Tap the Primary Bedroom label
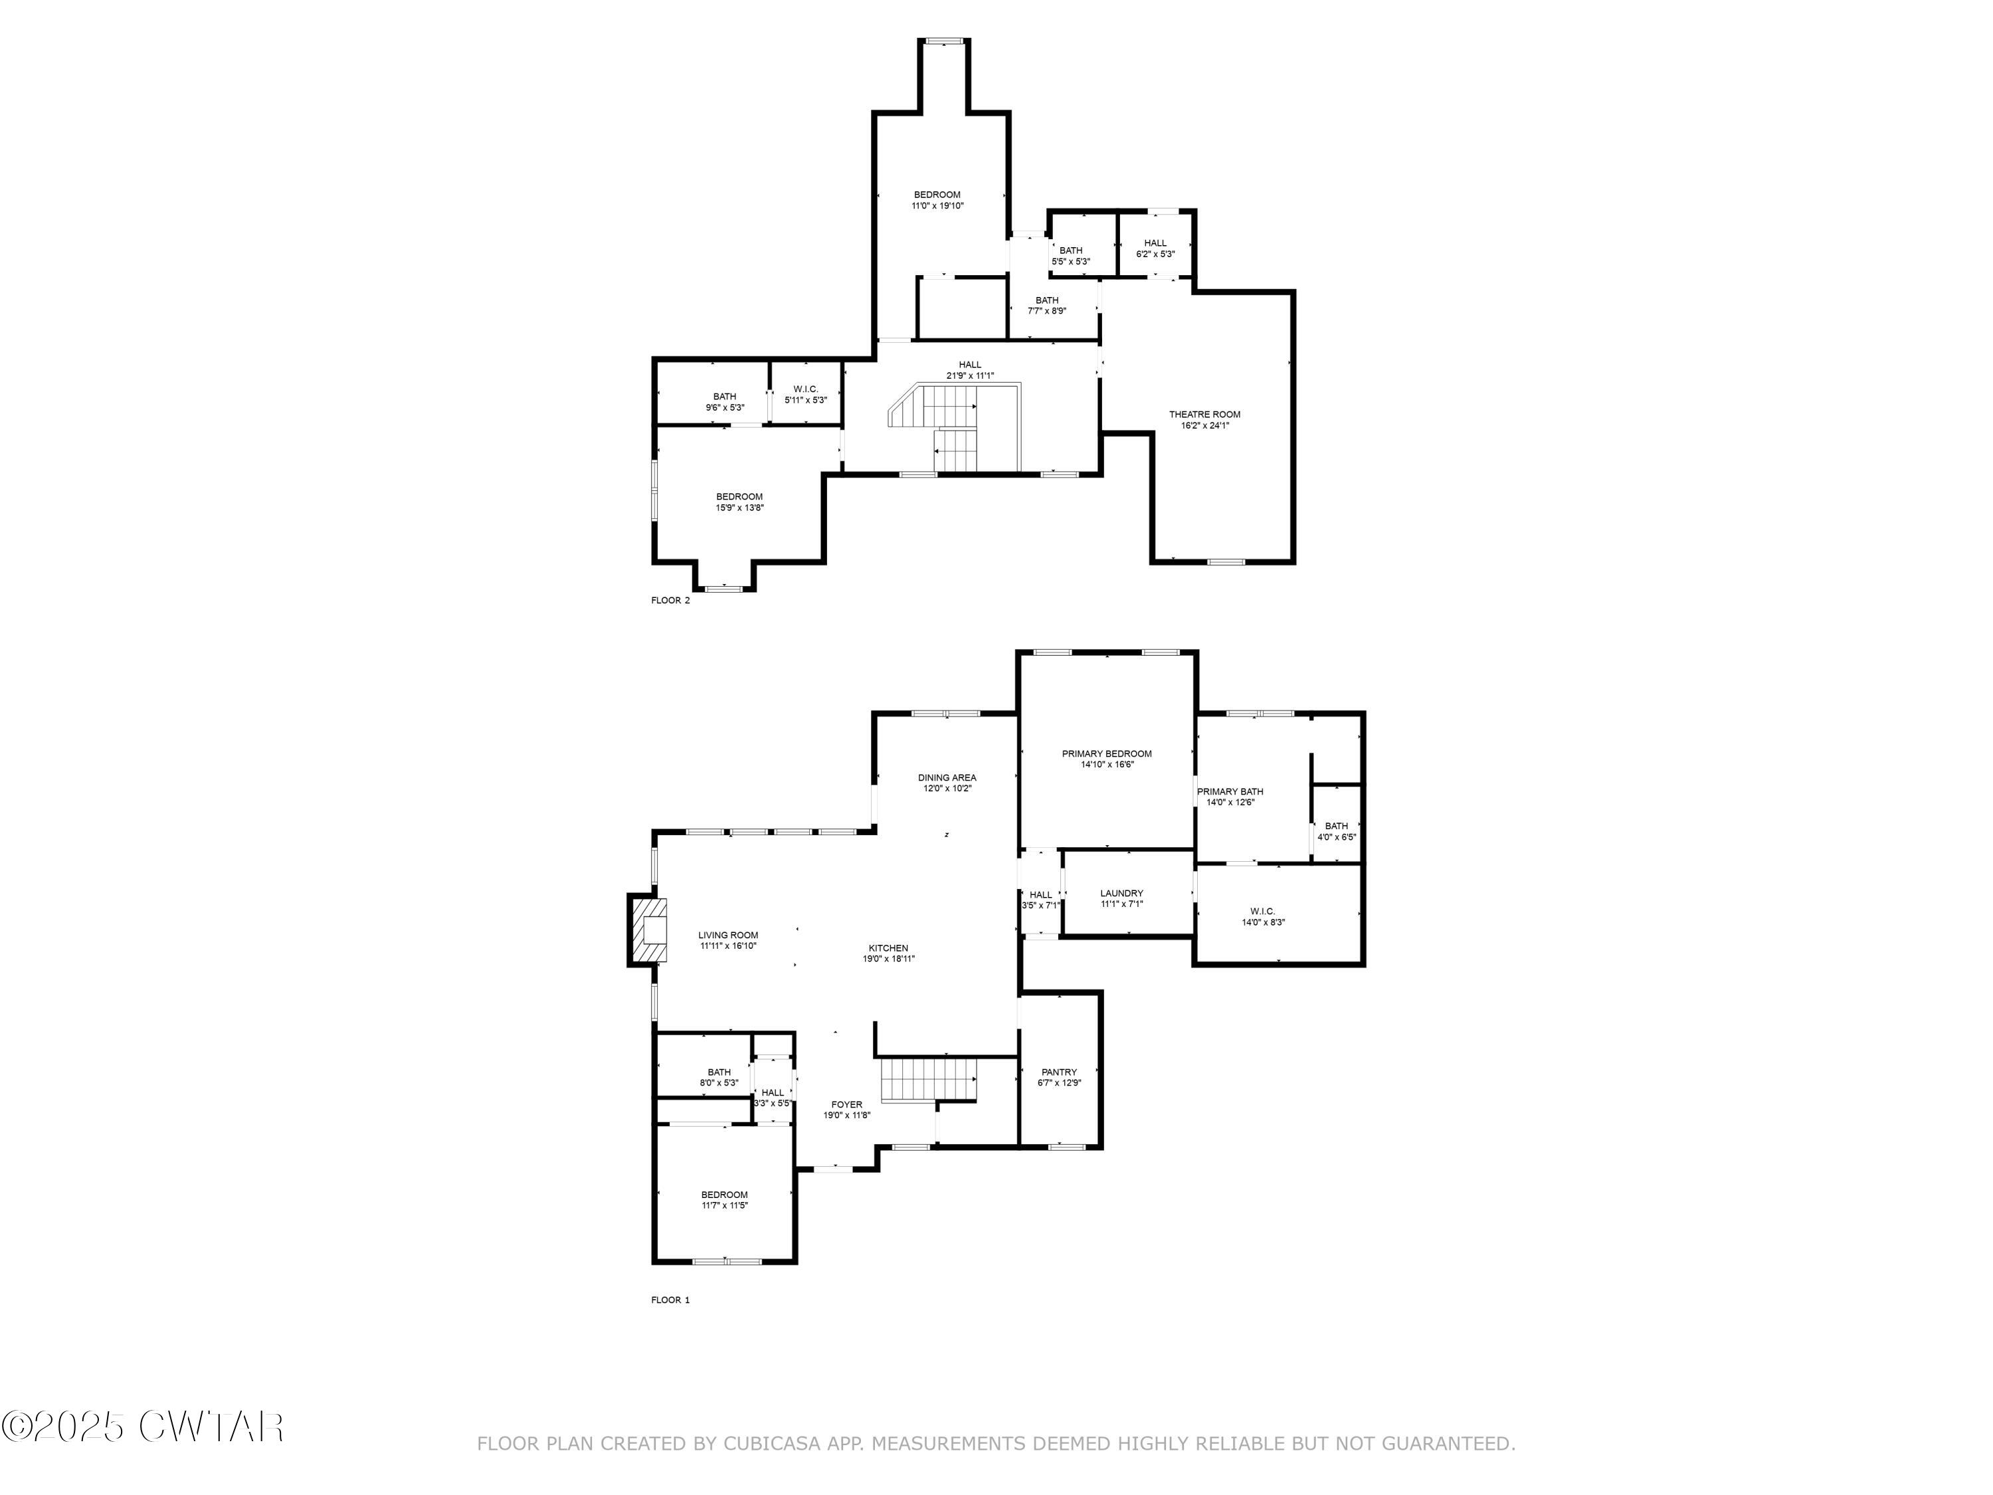(x=1106, y=753)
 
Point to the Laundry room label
(x=1122, y=893)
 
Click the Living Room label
(x=728, y=936)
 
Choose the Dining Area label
(x=947, y=777)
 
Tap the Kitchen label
(x=888, y=948)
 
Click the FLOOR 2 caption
(x=670, y=600)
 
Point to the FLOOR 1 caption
(x=670, y=1300)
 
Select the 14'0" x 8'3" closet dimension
(x=1263, y=922)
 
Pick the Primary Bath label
(x=1230, y=791)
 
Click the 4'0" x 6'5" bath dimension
(x=1336, y=837)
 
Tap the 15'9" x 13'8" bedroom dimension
(x=739, y=508)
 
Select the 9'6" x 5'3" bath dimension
(x=724, y=407)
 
